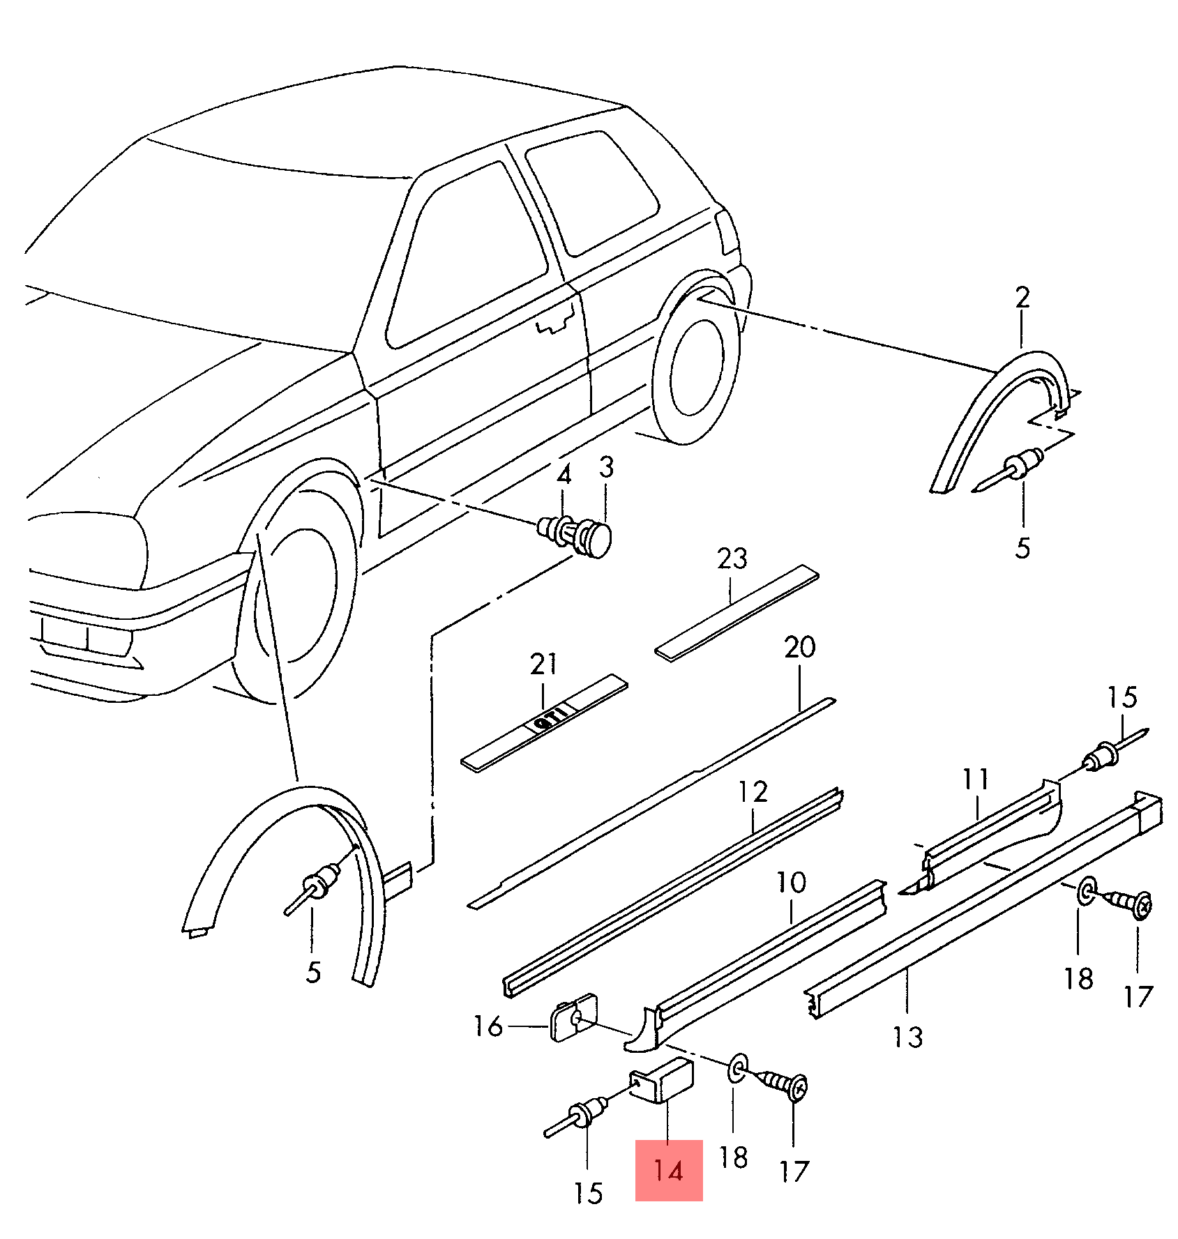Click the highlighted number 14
point(668,1170)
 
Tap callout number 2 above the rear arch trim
point(1022,298)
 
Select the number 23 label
point(732,558)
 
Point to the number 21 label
point(543,664)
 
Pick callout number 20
point(799,648)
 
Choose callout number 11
point(976,779)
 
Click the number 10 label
point(791,883)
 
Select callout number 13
point(907,1037)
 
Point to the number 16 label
point(488,1026)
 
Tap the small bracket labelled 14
point(663,1080)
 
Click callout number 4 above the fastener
point(564,475)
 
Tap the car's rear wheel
point(694,370)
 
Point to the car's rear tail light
point(728,232)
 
